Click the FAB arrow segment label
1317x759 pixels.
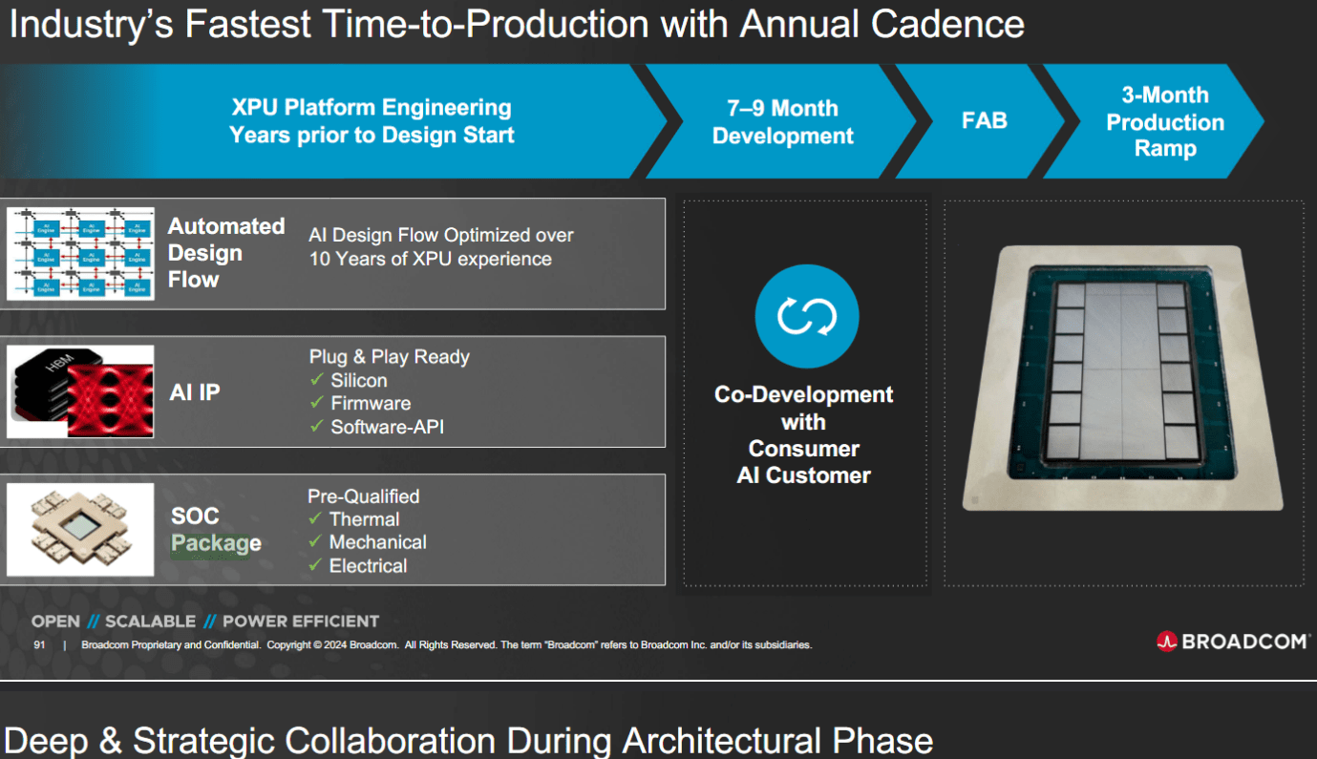pyautogui.click(x=984, y=121)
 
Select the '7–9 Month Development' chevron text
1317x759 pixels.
pyautogui.click(x=782, y=122)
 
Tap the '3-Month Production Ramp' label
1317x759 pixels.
pyautogui.click(x=1164, y=122)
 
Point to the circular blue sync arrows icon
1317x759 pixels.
pyautogui.click(x=806, y=316)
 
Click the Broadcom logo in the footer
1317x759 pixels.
pyautogui.click(x=1231, y=642)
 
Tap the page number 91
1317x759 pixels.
pyautogui.click(x=39, y=645)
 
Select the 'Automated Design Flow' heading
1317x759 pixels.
pyautogui.click(x=225, y=253)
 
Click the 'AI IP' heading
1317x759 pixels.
pyautogui.click(x=195, y=391)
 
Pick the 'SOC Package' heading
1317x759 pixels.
pyautogui.click(x=215, y=530)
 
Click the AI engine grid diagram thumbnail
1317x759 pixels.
pyautogui.click(x=80, y=254)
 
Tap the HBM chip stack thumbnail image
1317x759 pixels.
pyautogui.click(x=80, y=392)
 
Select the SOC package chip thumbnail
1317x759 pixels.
pyautogui.click(x=80, y=530)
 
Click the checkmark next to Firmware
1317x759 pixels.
pyautogui.click(x=317, y=404)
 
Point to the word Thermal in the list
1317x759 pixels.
pyautogui.click(x=364, y=519)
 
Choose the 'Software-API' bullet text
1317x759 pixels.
pyautogui.click(x=387, y=427)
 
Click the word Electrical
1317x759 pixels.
pyautogui.click(x=368, y=566)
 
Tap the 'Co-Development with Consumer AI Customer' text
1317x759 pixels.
pyautogui.click(x=803, y=435)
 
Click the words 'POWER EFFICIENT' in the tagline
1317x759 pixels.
pyautogui.click(x=300, y=622)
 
